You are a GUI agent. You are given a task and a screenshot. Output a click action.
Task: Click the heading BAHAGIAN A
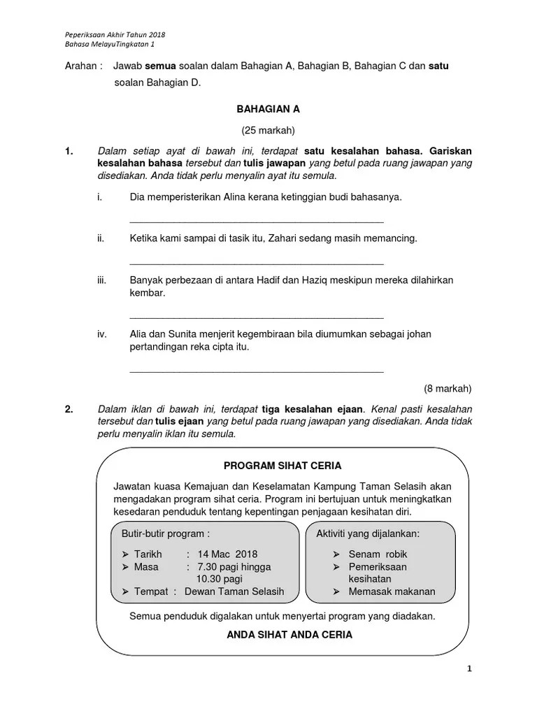tap(268, 110)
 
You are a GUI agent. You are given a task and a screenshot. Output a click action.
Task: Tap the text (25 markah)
tap(268, 130)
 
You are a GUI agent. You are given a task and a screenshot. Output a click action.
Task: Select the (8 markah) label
tap(447, 389)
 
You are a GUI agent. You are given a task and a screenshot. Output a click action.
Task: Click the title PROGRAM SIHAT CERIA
tap(282, 466)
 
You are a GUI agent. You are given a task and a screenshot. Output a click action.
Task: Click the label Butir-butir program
tap(166, 534)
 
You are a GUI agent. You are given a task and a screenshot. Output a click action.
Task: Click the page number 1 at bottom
tap(470, 669)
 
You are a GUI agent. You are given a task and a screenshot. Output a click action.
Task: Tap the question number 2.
tap(69, 409)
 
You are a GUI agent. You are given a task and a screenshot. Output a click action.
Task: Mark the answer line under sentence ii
tap(257, 263)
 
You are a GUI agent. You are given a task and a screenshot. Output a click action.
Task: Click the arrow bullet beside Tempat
tap(126, 592)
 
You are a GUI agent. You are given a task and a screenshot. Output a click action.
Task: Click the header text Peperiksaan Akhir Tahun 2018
tap(115, 35)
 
